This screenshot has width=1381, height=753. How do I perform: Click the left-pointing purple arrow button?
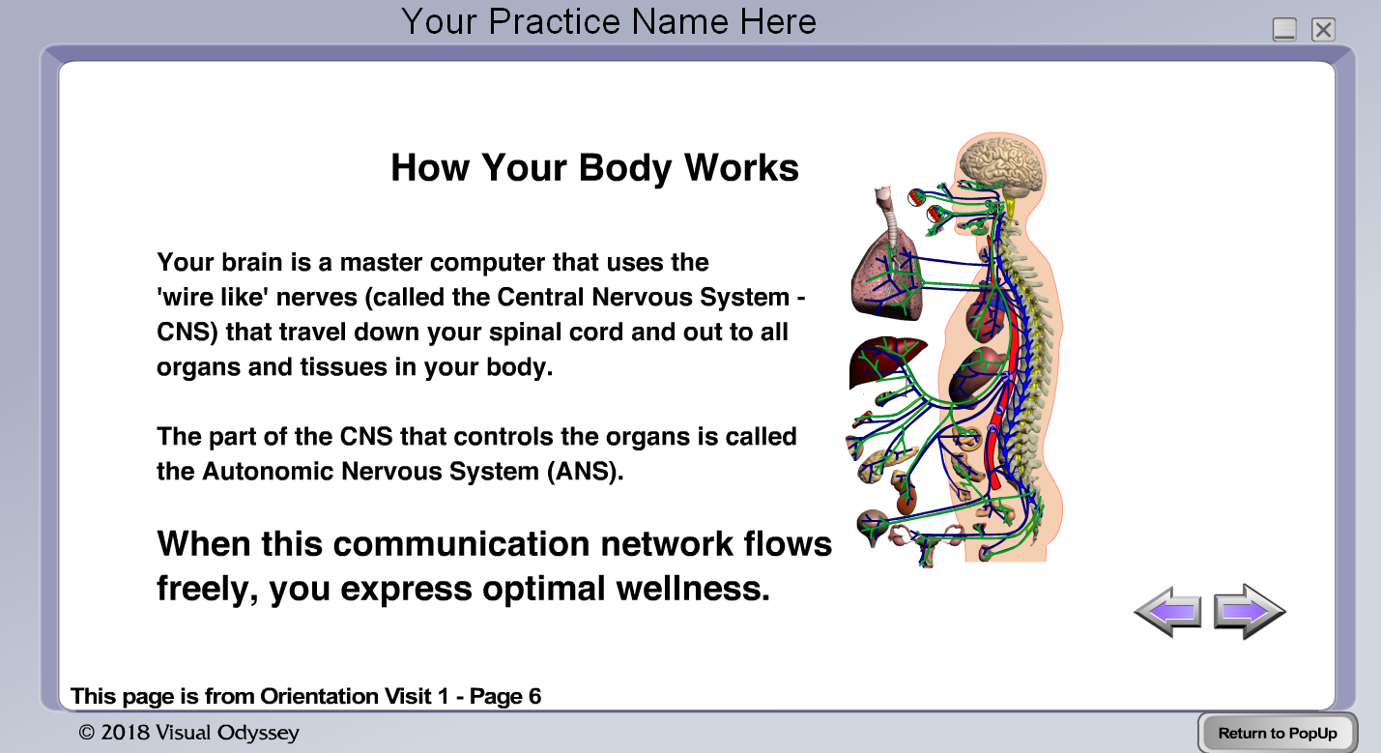click(1168, 612)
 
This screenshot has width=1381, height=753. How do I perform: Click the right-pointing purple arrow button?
click(1249, 611)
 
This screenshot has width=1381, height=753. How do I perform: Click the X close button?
click(1323, 30)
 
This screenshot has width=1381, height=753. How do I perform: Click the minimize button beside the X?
click(1284, 30)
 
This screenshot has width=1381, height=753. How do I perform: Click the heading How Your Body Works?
click(595, 168)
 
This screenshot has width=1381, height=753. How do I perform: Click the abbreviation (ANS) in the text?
click(585, 472)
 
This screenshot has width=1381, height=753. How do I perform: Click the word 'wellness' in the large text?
click(693, 589)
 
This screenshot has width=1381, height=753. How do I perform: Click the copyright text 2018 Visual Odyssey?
click(188, 733)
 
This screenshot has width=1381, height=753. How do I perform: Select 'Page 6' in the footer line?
click(505, 696)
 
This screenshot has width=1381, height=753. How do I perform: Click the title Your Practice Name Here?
click(609, 21)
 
